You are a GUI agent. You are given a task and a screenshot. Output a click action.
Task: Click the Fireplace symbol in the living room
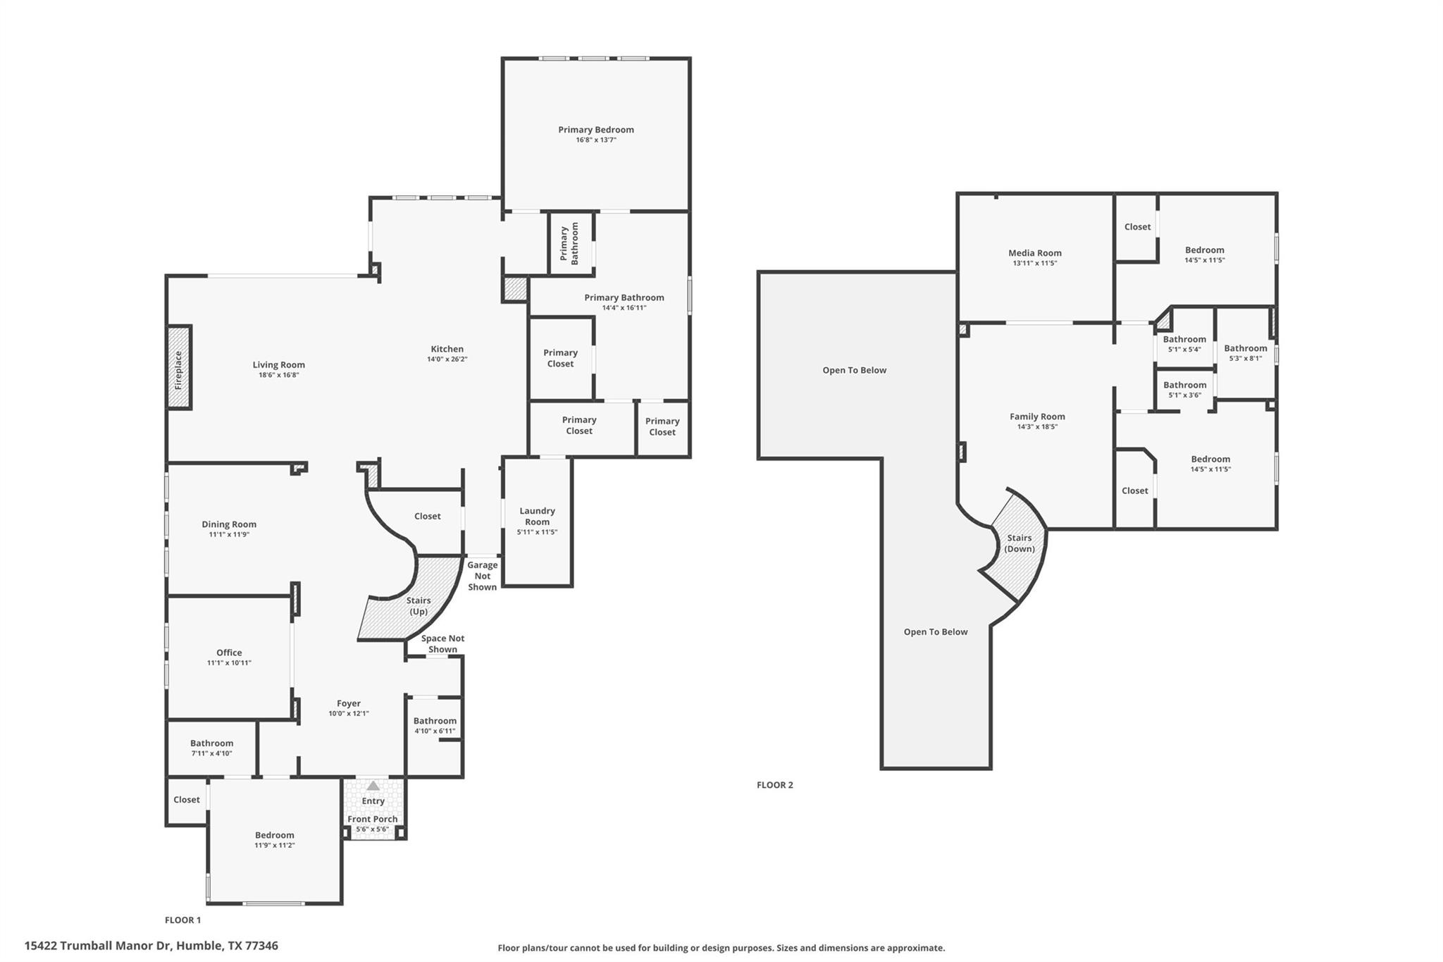(x=179, y=367)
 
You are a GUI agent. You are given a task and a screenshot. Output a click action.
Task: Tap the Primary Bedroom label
(x=595, y=130)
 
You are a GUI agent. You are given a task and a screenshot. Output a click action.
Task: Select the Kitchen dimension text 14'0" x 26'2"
(x=447, y=359)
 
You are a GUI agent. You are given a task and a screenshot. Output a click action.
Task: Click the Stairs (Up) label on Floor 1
(x=419, y=606)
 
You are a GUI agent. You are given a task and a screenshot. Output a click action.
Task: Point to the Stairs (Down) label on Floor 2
(x=1019, y=543)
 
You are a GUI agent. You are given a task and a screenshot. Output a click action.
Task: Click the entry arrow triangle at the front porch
(x=373, y=785)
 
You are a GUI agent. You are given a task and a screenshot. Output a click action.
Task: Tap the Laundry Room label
(x=537, y=516)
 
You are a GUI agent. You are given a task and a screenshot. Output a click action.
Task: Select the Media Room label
(x=1034, y=253)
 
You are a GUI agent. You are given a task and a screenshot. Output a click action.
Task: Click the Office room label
(x=229, y=653)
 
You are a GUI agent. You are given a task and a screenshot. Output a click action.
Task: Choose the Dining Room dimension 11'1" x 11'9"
(x=229, y=535)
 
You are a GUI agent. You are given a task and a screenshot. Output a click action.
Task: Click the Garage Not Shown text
(x=482, y=576)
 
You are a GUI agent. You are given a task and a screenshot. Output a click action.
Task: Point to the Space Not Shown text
(x=442, y=643)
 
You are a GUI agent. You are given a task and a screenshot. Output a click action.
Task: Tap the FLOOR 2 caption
(x=774, y=785)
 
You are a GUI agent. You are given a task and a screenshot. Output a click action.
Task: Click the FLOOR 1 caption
(x=182, y=920)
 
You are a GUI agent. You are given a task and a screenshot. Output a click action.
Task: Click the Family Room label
(x=1037, y=417)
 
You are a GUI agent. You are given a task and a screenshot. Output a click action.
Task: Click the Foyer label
(x=348, y=703)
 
